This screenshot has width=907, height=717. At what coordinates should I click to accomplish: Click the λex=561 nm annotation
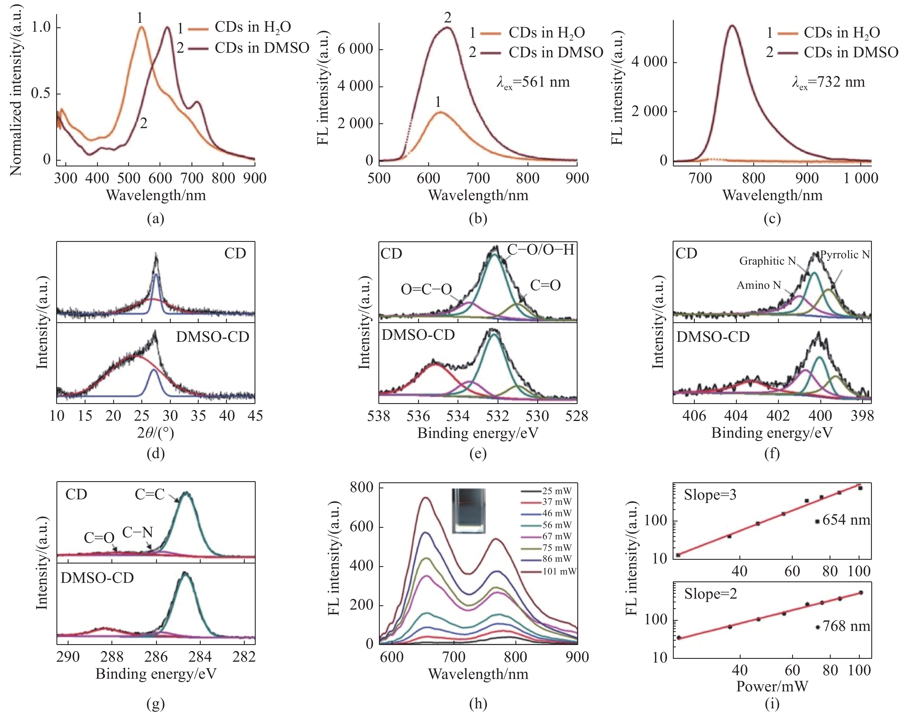(x=533, y=82)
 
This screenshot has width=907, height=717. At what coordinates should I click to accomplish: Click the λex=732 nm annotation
(x=828, y=82)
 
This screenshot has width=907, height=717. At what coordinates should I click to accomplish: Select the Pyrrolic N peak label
(x=845, y=255)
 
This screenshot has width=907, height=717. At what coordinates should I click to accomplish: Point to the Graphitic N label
(x=767, y=261)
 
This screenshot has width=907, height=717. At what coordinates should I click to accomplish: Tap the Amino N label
(x=758, y=285)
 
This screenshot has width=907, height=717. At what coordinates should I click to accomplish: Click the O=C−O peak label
(x=426, y=289)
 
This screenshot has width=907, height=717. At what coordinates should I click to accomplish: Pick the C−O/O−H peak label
(x=540, y=250)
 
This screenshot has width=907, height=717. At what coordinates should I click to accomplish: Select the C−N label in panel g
(x=137, y=533)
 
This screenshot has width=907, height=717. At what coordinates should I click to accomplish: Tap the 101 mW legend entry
(x=559, y=571)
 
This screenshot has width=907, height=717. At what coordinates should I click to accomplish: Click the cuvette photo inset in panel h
(x=468, y=511)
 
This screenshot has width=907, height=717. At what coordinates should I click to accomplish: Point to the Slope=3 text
(x=710, y=495)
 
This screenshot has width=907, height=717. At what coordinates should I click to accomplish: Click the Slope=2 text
(x=710, y=594)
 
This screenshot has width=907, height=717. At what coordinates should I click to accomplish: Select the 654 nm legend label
(x=846, y=521)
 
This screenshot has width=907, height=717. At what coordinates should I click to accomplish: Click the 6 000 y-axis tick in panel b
(x=355, y=49)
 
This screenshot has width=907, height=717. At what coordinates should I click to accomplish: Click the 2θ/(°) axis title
(x=155, y=433)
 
